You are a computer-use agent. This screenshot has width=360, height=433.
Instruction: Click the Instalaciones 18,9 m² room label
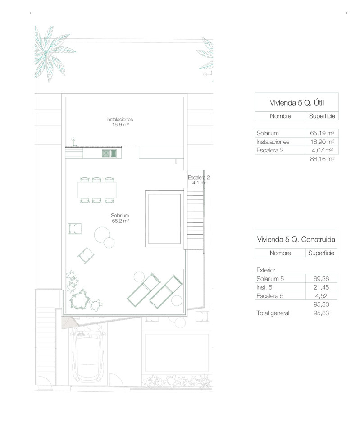(x=120, y=122)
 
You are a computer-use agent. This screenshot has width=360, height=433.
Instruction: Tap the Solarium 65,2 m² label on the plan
(x=120, y=218)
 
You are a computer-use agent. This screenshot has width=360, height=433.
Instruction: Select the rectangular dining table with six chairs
(x=97, y=190)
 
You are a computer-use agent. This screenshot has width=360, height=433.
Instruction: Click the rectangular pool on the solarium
(x=164, y=219)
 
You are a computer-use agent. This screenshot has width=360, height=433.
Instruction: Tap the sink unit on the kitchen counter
(x=109, y=153)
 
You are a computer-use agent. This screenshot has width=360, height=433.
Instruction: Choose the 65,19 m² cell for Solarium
(x=322, y=133)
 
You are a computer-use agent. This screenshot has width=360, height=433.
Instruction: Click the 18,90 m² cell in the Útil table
(x=322, y=142)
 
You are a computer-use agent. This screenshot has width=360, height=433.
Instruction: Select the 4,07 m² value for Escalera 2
(x=322, y=150)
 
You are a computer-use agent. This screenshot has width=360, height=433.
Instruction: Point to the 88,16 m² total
(x=322, y=159)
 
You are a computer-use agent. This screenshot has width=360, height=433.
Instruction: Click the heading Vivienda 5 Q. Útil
(x=296, y=103)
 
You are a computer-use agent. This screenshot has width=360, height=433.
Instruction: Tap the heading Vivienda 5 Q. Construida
(x=296, y=240)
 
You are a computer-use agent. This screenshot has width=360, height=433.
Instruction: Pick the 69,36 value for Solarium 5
(x=321, y=279)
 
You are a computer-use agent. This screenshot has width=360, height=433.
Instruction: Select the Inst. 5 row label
(x=264, y=287)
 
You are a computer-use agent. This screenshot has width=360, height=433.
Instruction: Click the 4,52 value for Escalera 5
(x=321, y=296)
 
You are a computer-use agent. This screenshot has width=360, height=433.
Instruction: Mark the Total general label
(x=273, y=313)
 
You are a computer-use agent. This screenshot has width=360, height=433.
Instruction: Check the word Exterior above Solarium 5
(x=266, y=270)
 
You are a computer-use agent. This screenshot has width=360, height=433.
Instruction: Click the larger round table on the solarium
(x=102, y=235)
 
